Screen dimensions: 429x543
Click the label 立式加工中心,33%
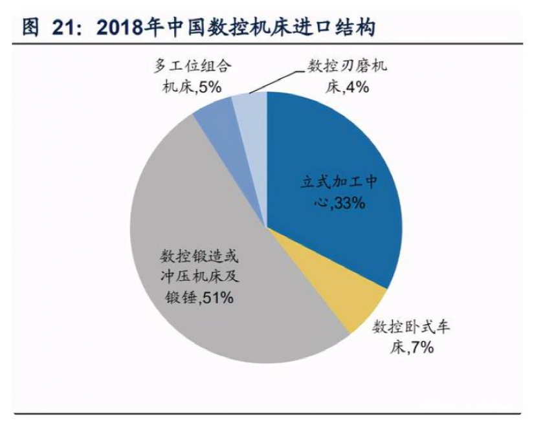337,192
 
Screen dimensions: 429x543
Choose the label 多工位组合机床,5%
192,76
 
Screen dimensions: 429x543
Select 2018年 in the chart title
125,27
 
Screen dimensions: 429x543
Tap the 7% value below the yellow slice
420,347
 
